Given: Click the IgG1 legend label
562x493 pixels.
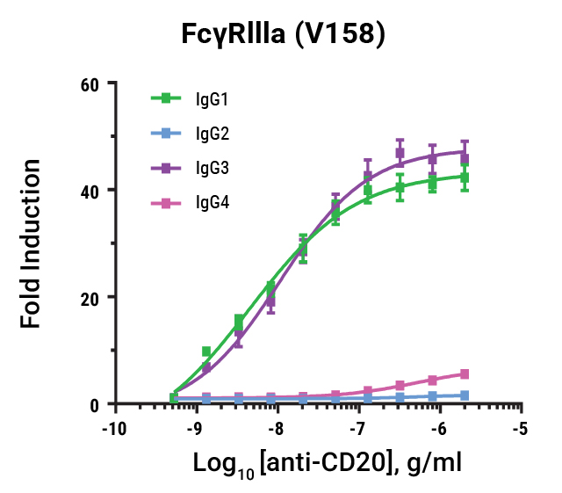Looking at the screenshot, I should pos(212,99).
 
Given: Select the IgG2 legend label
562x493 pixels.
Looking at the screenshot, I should pos(212,134).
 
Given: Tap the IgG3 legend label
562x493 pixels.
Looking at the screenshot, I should pos(212,167).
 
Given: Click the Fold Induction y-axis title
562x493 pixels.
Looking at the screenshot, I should pos(32,243).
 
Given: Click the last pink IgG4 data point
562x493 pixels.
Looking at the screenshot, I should pos(465,374).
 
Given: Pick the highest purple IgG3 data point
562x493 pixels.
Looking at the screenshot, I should pos(400,153).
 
